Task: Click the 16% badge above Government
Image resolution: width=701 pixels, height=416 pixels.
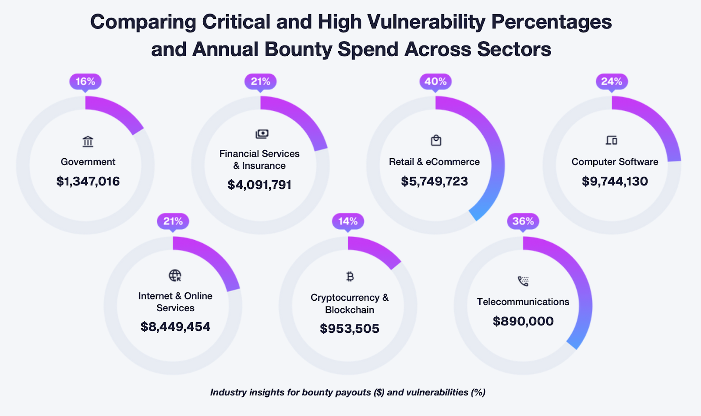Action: click(85, 82)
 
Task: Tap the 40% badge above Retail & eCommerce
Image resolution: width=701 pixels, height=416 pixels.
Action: click(435, 82)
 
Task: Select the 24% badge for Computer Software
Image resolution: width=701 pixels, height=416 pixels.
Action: click(612, 82)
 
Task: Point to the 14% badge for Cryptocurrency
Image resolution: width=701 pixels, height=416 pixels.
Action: click(348, 221)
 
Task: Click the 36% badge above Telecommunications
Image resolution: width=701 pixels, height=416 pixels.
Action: click(523, 221)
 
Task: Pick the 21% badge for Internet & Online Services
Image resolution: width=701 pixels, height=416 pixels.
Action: click(173, 221)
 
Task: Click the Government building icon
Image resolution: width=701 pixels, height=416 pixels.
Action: click(88, 142)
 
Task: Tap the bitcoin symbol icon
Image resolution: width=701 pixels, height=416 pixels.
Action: click(350, 277)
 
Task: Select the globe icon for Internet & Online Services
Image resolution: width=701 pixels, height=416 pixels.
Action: click(175, 275)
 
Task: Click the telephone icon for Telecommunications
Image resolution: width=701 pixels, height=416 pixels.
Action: click(523, 281)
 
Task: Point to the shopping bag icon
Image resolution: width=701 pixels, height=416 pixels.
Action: click(436, 140)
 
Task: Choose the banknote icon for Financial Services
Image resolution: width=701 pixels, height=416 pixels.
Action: click(262, 134)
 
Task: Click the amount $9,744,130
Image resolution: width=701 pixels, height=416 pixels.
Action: click(615, 181)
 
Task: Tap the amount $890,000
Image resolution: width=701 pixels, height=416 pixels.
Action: click(523, 321)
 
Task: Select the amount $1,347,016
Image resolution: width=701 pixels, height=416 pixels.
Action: click(88, 181)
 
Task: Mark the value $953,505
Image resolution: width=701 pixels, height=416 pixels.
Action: click(350, 329)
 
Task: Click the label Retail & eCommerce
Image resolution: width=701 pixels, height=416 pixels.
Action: click(434, 162)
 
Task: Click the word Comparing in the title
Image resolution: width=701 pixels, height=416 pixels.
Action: click(143, 22)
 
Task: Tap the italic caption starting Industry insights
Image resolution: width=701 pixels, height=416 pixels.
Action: click(347, 392)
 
